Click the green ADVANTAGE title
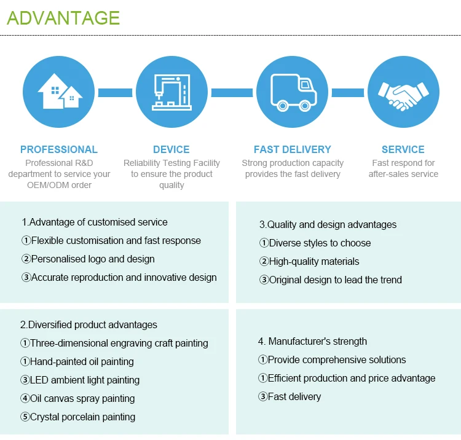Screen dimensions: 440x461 (63, 17)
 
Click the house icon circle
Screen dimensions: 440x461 (58, 93)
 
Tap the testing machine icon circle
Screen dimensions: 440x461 (171, 93)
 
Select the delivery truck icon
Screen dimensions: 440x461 (293, 93)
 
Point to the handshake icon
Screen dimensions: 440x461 (403, 93)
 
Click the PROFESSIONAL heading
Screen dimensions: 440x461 (58, 149)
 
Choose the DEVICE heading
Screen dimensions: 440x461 (171, 149)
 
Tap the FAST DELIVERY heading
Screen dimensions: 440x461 (293, 149)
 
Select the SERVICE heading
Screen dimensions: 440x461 (403, 149)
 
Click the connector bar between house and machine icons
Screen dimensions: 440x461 (115, 93)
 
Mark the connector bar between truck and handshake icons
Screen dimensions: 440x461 (348, 93)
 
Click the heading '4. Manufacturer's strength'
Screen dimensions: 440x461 (312, 341)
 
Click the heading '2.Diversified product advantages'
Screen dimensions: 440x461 (89, 324)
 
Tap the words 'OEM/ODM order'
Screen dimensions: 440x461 (58, 185)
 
